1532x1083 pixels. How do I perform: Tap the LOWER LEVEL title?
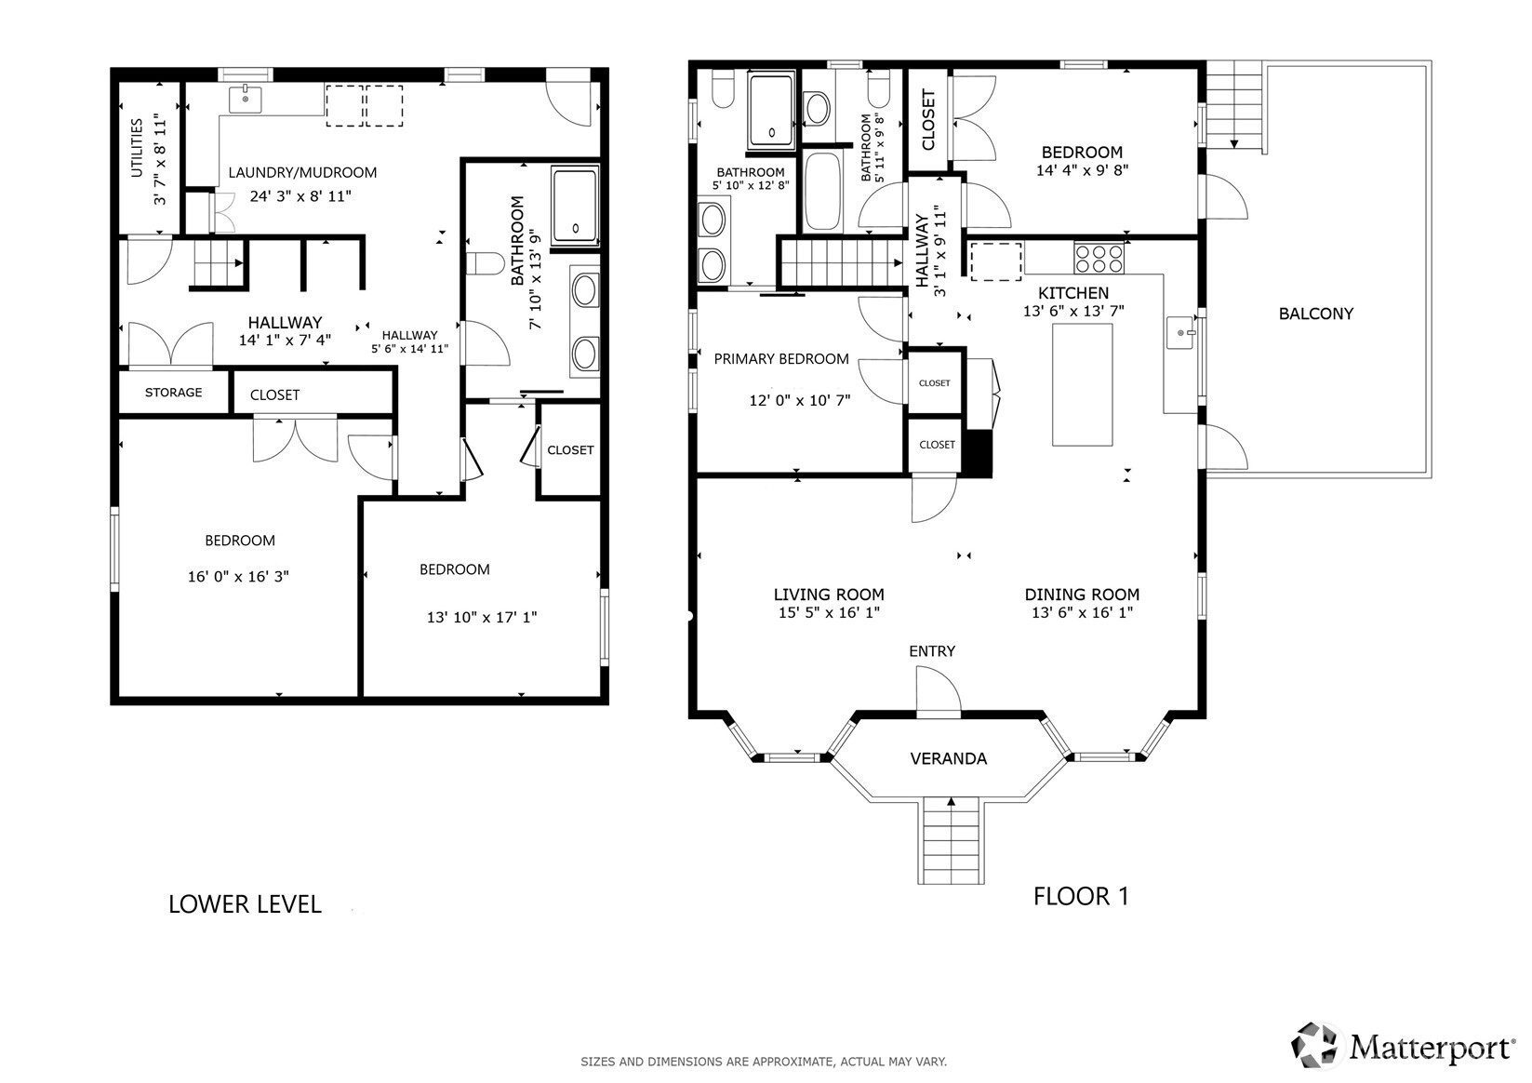click(x=245, y=904)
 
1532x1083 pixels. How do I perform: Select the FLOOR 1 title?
click(x=1081, y=896)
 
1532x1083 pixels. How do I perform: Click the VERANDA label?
click(x=949, y=758)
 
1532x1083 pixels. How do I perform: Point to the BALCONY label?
click(x=1316, y=314)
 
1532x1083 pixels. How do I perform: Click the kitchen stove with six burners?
click(x=1099, y=259)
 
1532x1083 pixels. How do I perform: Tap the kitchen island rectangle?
click(x=1082, y=384)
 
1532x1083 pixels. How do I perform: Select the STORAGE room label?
click(x=173, y=392)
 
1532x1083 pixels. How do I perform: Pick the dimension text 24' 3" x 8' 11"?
click(x=300, y=196)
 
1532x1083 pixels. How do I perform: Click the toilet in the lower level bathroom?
click(x=485, y=263)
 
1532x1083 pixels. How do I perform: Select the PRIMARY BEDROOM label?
click(x=781, y=359)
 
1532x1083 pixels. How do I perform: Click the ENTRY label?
click(x=931, y=651)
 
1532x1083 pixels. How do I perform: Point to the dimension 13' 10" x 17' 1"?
click(x=482, y=617)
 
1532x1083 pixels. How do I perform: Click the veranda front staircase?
click(x=951, y=841)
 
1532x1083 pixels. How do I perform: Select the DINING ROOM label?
click(x=1082, y=595)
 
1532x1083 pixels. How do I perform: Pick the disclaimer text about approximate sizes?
click(x=764, y=1062)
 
